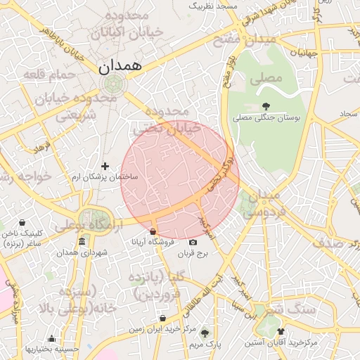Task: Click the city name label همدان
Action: pos(117,66)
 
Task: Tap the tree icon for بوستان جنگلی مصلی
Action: pos(264,106)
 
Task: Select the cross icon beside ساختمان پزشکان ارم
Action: pos(105,167)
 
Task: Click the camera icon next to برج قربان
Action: pos(193,243)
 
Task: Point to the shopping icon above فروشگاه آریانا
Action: pos(153,232)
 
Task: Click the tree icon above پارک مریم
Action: pos(205,334)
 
